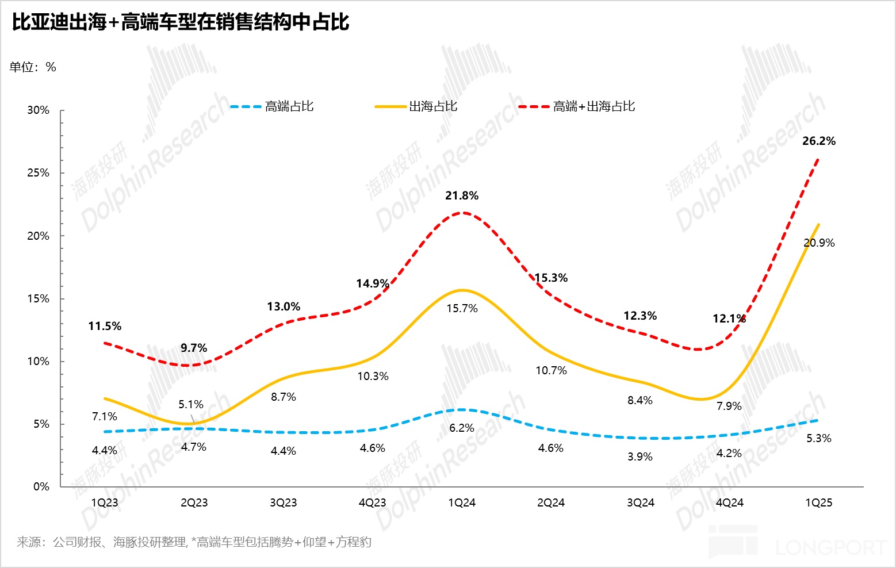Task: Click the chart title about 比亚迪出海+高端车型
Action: click(181, 22)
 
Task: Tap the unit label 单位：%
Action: click(33, 67)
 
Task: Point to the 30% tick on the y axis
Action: click(39, 110)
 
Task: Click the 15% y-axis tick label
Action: click(39, 299)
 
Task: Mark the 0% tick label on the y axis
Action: click(41, 487)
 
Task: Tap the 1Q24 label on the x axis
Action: click(462, 503)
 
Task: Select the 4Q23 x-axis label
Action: click(373, 503)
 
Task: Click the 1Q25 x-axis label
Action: click(818, 503)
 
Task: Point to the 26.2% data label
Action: click(819, 141)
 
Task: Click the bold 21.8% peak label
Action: click(462, 196)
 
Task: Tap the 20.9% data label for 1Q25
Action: click(819, 243)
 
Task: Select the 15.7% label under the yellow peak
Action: click(462, 309)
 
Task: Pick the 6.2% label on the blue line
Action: click(462, 428)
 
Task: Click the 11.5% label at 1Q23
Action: click(105, 327)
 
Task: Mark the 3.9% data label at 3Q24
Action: click(640, 457)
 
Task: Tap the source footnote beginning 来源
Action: click(194, 542)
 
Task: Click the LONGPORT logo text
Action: click(830, 547)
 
